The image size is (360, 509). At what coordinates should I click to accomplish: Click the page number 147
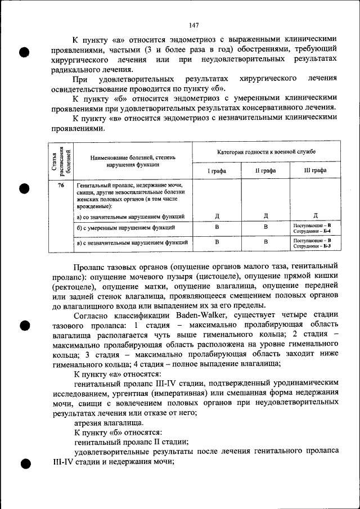(194, 25)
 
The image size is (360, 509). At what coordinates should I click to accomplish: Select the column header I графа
(217, 170)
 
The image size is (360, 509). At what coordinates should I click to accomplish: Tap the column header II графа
(265, 170)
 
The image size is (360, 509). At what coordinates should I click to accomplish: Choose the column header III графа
(314, 170)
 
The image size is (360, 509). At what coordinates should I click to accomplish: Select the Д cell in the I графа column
(217, 216)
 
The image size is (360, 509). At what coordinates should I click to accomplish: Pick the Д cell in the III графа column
(314, 216)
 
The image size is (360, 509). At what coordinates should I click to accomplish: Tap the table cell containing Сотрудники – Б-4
(314, 228)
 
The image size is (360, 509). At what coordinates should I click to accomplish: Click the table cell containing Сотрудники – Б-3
(314, 244)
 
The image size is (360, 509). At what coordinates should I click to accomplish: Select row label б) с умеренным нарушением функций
(125, 228)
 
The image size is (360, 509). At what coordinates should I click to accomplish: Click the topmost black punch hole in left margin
(25, 52)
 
